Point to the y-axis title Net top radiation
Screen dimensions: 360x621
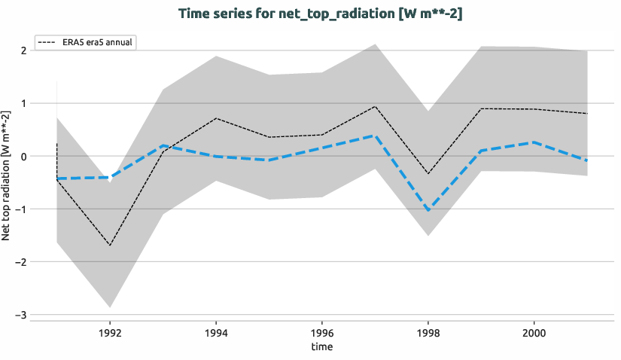[7, 175]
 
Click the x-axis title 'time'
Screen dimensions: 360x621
[322, 346]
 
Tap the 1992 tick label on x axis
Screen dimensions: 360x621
[110, 331]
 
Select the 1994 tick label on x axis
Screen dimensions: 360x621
[216, 331]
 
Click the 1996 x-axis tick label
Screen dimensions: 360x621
[322, 331]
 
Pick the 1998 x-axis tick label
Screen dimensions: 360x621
[428, 331]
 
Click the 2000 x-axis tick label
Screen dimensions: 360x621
[534, 331]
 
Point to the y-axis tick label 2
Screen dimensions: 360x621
[24, 50]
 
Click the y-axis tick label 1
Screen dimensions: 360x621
[24, 103]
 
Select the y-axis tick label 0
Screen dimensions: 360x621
[24, 156]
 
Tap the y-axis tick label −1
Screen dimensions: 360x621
[22, 209]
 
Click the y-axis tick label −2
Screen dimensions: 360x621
[22, 261]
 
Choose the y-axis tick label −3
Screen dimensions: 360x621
[22, 314]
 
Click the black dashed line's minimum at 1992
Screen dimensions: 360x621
[110, 246]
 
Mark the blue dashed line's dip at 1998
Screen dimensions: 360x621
[428, 210]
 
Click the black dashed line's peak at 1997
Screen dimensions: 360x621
[375, 106]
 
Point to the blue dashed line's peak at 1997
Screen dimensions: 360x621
[375, 136]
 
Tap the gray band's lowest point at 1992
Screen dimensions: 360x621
[110, 307]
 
